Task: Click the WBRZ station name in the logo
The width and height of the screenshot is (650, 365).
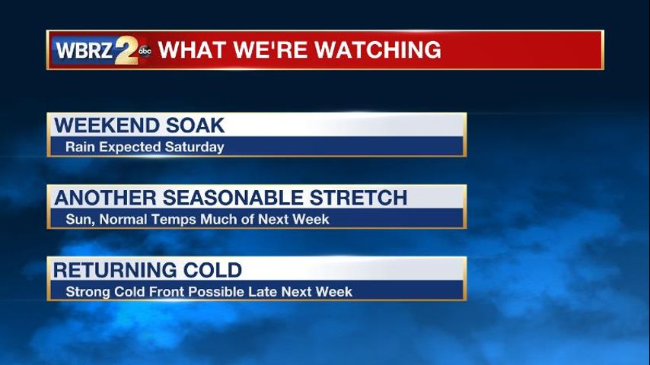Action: tap(84, 50)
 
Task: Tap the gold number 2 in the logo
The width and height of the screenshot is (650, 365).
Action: tap(127, 50)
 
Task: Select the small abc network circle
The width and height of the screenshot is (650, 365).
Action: tap(145, 51)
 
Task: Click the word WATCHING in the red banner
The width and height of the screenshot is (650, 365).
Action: tap(378, 49)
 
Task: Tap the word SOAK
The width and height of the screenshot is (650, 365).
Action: tap(196, 125)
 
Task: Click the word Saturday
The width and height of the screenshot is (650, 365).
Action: tap(194, 147)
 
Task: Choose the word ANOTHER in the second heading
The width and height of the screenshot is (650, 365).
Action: tap(105, 198)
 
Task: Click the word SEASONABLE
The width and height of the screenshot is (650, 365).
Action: tap(233, 198)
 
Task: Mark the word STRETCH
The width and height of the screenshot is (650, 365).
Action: tap(358, 198)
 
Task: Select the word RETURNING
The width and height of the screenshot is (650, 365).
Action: tap(114, 270)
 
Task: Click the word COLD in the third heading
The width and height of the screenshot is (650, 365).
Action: tap(212, 270)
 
